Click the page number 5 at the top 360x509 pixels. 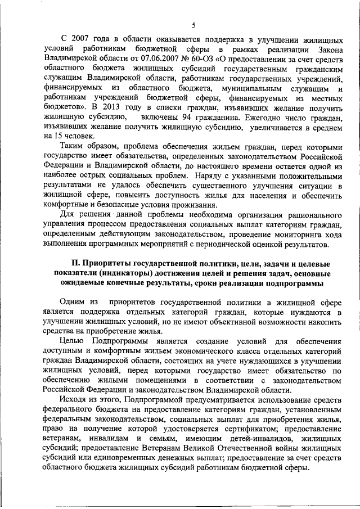pos(193,25)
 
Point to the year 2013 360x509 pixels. pos(111,107)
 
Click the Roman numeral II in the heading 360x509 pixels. pos(76,263)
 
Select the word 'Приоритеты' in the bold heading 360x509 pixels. pos(111,263)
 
